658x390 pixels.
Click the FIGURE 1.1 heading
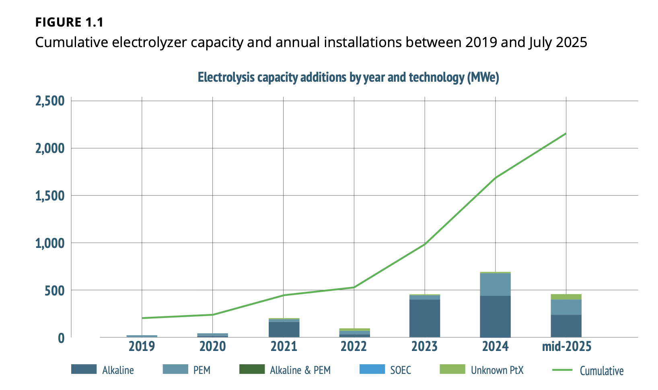click(69, 22)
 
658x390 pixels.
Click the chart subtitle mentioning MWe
click(348, 77)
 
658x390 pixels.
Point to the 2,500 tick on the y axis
click(50, 101)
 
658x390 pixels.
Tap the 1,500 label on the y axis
click(50, 196)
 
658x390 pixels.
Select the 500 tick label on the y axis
click(54, 291)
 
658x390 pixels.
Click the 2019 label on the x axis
click(142, 346)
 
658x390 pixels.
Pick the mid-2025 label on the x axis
click(566, 346)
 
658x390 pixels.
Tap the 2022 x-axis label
click(354, 346)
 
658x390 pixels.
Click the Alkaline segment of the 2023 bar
click(425, 318)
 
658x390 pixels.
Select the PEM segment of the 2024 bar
click(495, 285)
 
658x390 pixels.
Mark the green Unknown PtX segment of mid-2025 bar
click(566, 297)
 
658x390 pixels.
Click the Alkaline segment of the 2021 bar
click(284, 329)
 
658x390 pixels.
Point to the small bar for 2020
click(212, 335)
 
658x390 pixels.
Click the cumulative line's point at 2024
click(495, 178)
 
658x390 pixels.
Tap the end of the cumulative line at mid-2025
click(565, 134)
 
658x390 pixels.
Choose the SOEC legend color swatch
click(372, 369)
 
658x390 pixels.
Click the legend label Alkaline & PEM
click(300, 370)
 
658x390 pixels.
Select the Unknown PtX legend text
click(497, 370)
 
